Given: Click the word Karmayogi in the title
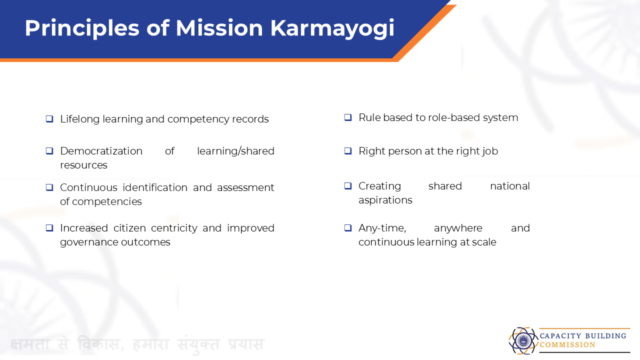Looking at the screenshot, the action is coord(332,29).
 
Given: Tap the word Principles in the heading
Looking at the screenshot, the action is coord(82,29).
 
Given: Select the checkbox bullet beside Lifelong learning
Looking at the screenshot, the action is coord(49,119).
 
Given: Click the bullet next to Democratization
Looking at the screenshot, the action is coord(49,151).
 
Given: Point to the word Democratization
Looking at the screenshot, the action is coord(101,151).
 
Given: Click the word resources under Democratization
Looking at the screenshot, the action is coord(83,165).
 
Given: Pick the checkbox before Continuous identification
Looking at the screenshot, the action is coord(49,187).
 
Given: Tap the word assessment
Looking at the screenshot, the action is coord(245,187).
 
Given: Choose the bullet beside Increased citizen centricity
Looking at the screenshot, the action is coord(49,228).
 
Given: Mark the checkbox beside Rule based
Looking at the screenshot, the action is coord(348,117).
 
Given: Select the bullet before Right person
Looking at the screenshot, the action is coord(348,151).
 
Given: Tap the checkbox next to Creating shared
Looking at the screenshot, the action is coord(348,186).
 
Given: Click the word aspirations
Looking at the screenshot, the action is coord(385,200).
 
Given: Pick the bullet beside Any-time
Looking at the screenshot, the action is coord(348,228).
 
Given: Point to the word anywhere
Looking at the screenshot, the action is coord(458,228).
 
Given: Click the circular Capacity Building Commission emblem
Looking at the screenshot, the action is coord(523,340).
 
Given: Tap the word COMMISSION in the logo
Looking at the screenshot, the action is coord(567,345).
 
